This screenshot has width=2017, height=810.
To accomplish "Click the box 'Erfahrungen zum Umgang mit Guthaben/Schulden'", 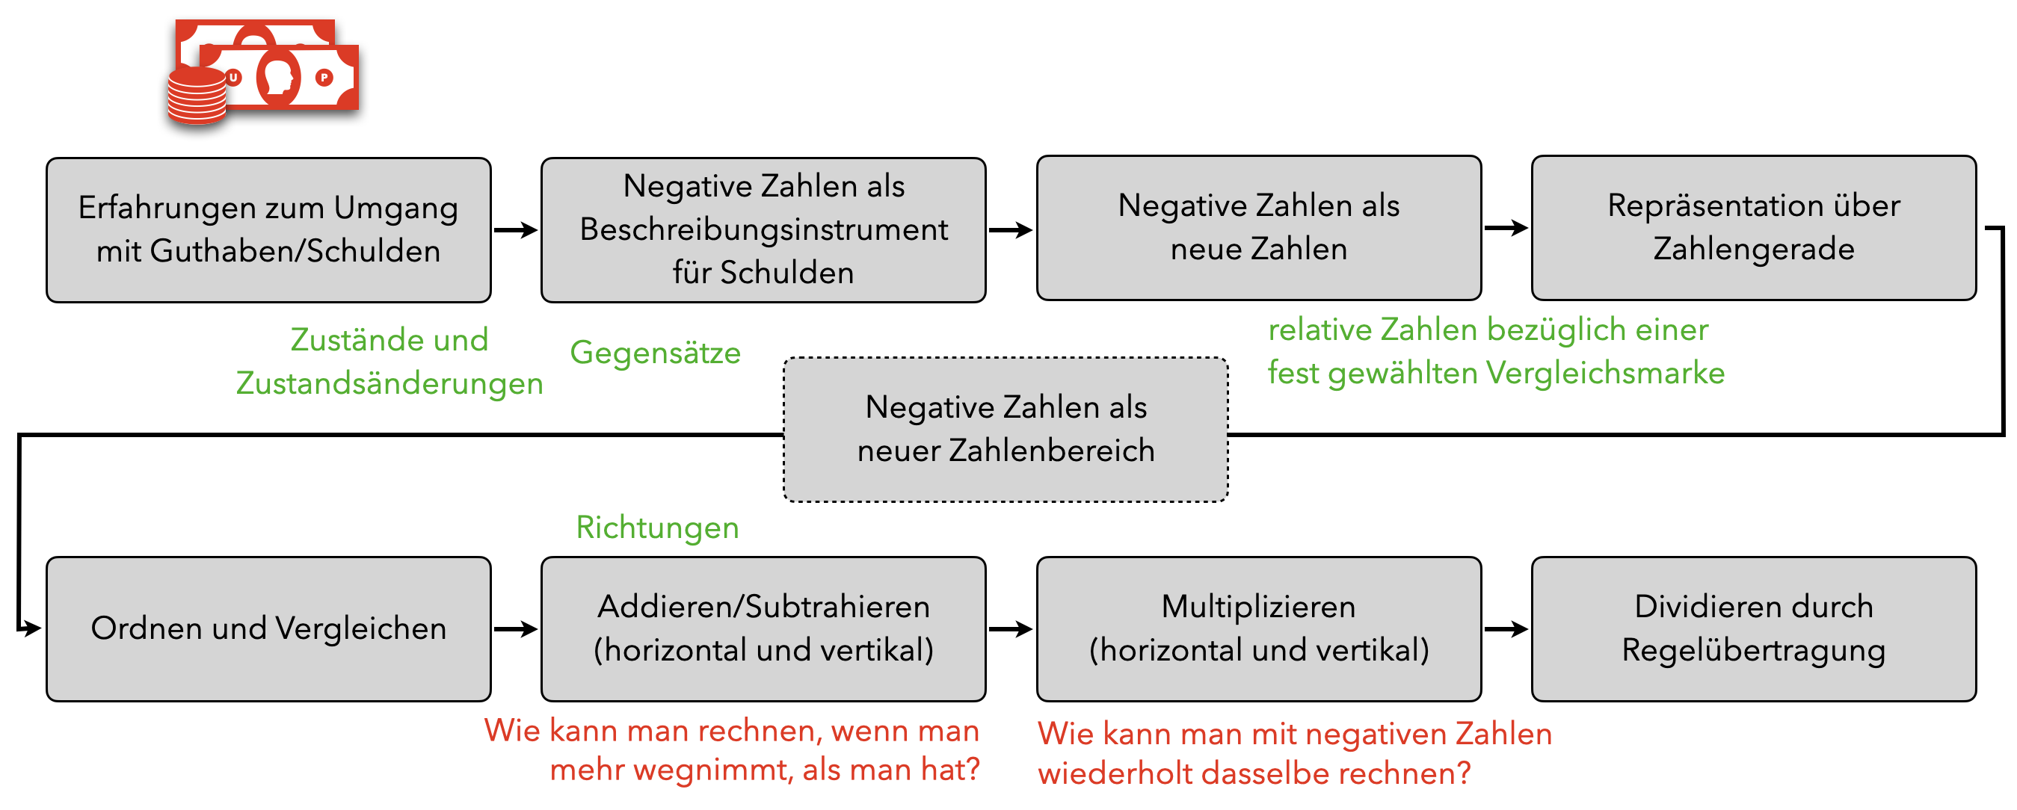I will [x=268, y=230].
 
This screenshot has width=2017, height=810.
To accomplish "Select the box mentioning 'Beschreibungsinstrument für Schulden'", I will [x=763, y=230].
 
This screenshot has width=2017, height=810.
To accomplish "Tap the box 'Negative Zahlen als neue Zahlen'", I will [x=1258, y=228].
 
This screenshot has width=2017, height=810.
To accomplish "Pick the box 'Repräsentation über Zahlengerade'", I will [x=1753, y=228].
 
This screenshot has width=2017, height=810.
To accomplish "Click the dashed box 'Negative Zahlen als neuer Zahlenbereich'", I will [x=1006, y=430].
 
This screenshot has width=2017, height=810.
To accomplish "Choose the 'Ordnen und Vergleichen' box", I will [x=268, y=629].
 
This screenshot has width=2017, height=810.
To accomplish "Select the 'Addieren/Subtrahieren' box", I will [x=763, y=629].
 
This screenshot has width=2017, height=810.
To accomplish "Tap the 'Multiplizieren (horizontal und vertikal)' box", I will [x=1258, y=629].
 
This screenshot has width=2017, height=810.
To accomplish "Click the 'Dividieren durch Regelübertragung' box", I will [x=1753, y=629].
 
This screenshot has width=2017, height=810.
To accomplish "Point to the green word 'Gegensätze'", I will [x=656, y=353].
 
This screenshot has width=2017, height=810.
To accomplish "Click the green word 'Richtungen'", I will [x=657, y=528].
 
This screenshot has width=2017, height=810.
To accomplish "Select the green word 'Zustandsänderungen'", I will [x=389, y=384].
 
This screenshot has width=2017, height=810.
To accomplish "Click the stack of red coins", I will [x=197, y=97].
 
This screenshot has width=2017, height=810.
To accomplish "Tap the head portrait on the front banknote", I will [x=278, y=78].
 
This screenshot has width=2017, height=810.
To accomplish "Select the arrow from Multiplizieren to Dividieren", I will [x=1506, y=629].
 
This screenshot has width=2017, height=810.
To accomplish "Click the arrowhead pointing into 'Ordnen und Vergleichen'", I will [x=31, y=628].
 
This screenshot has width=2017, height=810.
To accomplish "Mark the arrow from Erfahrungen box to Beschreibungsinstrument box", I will [x=515, y=230].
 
